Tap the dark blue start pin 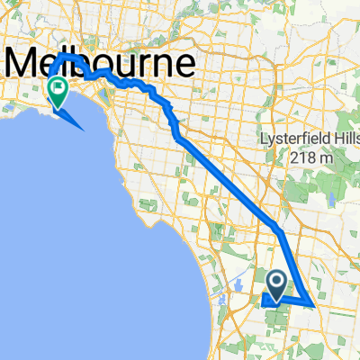[278, 285]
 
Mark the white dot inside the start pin [278, 283]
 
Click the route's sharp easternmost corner [312, 304]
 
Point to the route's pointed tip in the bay [84, 128]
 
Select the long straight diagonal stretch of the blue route [229, 184]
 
